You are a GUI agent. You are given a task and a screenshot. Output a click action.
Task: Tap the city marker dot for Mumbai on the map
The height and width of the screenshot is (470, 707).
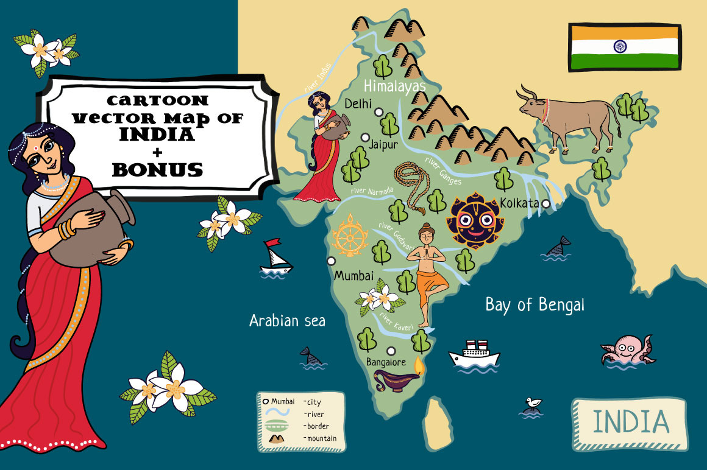[x=331, y=261]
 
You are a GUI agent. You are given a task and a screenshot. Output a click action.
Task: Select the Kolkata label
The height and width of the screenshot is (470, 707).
[x=519, y=203]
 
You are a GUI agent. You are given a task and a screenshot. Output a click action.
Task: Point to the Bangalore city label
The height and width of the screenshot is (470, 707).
[x=386, y=362]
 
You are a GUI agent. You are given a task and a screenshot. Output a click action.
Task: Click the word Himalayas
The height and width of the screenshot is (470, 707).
[x=394, y=86]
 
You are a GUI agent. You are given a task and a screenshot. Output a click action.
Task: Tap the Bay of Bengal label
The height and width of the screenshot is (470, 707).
[x=535, y=304]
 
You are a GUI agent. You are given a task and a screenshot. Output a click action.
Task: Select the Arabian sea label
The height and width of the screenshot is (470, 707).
[x=287, y=321]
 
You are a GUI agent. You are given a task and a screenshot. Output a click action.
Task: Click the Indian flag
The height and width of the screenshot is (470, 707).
[x=624, y=47]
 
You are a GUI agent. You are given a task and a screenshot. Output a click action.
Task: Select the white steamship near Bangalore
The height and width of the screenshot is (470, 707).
[x=474, y=354]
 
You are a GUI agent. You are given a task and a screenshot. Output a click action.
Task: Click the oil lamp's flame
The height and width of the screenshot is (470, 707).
[x=418, y=365]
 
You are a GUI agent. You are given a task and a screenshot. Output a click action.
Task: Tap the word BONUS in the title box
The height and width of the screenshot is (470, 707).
[x=157, y=169]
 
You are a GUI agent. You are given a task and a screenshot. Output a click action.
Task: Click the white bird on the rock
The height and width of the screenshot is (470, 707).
[x=535, y=403]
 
